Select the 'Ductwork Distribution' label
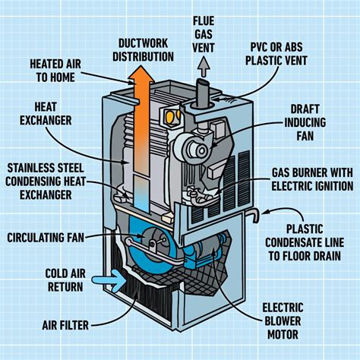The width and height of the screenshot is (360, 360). click(142, 49)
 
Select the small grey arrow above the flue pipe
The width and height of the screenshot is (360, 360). click(204, 68)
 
